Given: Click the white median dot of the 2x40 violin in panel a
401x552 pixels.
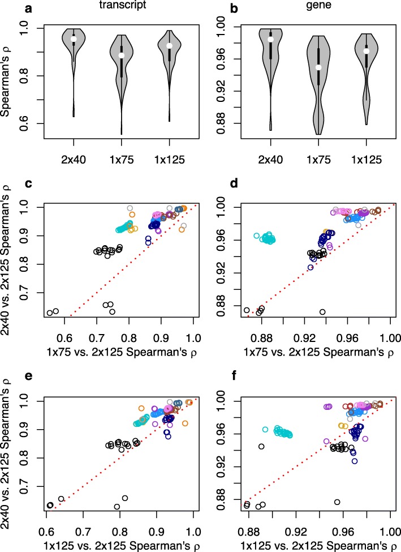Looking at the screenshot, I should (73, 39).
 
